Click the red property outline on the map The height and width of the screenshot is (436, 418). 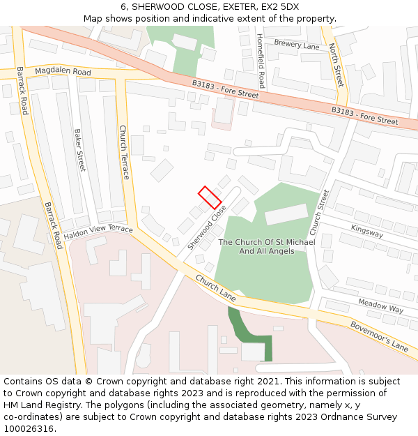(210, 197)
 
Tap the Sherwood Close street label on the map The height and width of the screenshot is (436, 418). (207, 228)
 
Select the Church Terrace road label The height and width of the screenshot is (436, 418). (124, 152)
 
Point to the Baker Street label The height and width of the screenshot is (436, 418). (79, 150)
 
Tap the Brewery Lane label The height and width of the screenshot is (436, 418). (296, 45)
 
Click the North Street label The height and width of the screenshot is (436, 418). (336, 65)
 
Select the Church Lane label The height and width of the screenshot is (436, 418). (215, 288)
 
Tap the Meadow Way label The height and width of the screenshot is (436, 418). (381, 305)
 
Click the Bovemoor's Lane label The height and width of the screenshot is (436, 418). (378, 336)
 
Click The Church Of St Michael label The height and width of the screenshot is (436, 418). (267, 242)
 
